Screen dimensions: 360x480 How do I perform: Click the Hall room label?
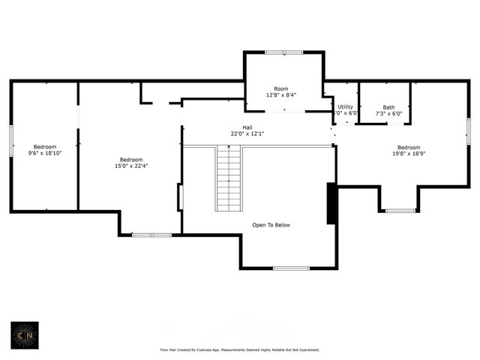(x=247, y=127)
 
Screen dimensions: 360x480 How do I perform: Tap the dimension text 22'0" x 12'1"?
(x=247, y=133)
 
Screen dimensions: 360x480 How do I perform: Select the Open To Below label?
(x=271, y=225)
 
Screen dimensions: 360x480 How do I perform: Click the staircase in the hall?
(x=229, y=178)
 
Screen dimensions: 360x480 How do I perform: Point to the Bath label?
(x=388, y=107)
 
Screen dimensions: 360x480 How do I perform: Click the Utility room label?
(x=345, y=107)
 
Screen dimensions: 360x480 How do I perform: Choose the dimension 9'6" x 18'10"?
(x=45, y=153)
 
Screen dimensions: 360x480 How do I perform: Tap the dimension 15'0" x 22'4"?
(x=131, y=166)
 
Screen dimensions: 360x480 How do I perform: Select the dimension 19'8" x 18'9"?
(x=409, y=154)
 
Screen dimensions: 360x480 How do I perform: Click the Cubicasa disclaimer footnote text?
(x=240, y=349)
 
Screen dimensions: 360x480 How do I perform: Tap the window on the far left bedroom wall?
(x=11, y=141)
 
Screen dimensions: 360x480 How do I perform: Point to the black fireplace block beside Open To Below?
(x=331, y=203)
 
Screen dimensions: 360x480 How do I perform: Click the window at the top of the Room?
(x=283, y=52)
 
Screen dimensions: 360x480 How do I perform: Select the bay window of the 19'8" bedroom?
(x=400, y=211)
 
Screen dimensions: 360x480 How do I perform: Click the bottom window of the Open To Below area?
(x=291, y=268)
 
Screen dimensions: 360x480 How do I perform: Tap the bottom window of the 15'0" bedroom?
(x=151, y=235)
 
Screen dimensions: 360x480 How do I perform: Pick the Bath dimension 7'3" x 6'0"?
(x=388, y=114)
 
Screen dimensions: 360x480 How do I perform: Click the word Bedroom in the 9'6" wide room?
(x=45, y=146)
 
